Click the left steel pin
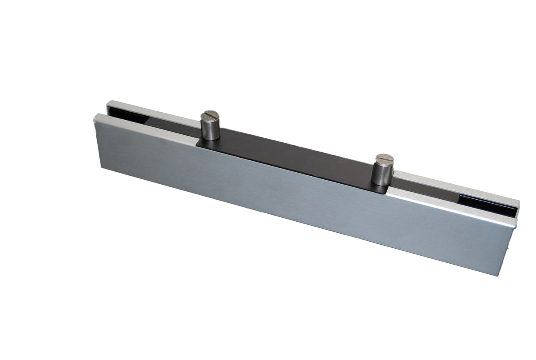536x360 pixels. (x=210, y=126)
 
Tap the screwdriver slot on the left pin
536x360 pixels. (x=210, y=115)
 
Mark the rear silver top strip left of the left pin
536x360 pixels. (x=150, y=111)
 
